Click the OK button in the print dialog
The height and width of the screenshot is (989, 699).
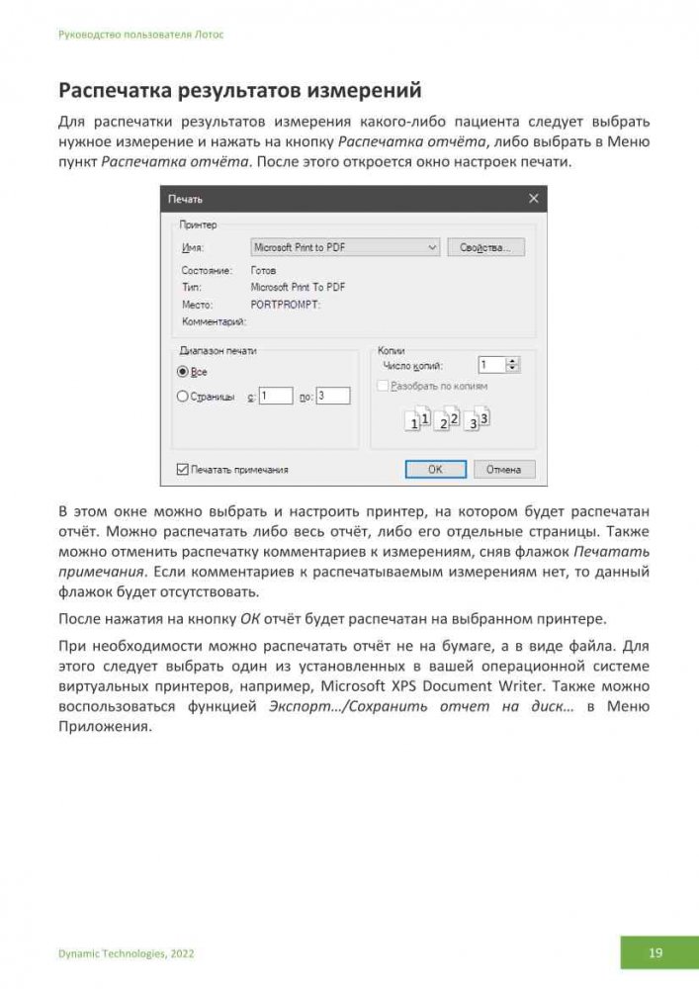tap(435, 469)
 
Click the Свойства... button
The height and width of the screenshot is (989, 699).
tap(485, 247)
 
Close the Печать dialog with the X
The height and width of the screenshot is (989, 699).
tap(534, 199)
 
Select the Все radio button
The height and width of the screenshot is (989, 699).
tap(182, 372)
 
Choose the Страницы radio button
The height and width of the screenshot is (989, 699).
tap(182, 397)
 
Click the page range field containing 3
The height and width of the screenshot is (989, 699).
tap(334, 396)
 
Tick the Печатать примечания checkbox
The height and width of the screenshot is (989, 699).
tap(182, 470)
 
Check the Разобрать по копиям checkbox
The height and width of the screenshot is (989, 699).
tap(383, 386)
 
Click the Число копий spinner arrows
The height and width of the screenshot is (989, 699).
tap(512, 365)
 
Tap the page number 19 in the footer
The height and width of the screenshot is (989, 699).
tap(655, 953)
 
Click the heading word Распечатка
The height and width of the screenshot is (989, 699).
tap(116, 91)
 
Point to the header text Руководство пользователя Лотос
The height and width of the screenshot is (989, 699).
tap(140, 34)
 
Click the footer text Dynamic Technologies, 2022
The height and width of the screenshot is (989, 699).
tap(127, 953)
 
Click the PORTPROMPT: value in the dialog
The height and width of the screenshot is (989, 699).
tap(286, 305)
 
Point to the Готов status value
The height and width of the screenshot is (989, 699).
tap(264, 270)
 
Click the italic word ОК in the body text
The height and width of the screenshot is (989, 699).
tap(251, 620)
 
